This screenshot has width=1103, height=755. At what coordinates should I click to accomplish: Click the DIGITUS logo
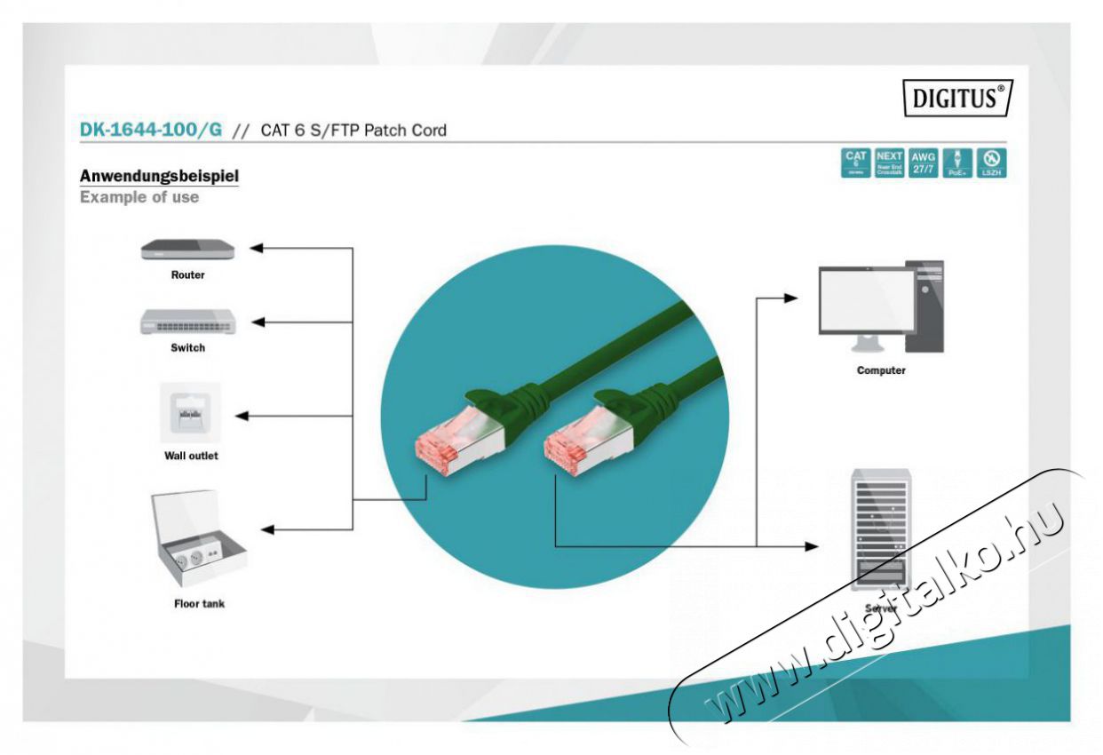coord(957,97)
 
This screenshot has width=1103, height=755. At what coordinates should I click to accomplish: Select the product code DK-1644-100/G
coord(151,130)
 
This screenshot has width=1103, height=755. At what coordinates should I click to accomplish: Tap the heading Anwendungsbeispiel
coord(159,176)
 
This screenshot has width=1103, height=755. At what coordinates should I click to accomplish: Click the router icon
coord(186,250)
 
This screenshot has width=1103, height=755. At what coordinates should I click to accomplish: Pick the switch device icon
coord(187,322)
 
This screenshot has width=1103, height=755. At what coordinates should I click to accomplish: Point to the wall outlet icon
coord(190,413)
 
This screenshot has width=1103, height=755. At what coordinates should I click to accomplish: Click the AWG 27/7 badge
coord(923,163)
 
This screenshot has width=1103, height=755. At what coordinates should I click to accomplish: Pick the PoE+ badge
coord(957,163)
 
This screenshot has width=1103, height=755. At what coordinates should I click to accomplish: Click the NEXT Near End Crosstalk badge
coord(889,163)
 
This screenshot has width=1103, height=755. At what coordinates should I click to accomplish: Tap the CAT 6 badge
coord(855,163)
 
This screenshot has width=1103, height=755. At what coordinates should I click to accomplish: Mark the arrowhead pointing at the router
coord(256,248)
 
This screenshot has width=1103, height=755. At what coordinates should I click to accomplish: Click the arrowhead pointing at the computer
coord(790,298)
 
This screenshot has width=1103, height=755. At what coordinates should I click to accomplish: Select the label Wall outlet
coord(190,456)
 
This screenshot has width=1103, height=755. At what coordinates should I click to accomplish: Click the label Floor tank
coord(199,604)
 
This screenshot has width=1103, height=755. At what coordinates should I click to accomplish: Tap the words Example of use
coord(139,197)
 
